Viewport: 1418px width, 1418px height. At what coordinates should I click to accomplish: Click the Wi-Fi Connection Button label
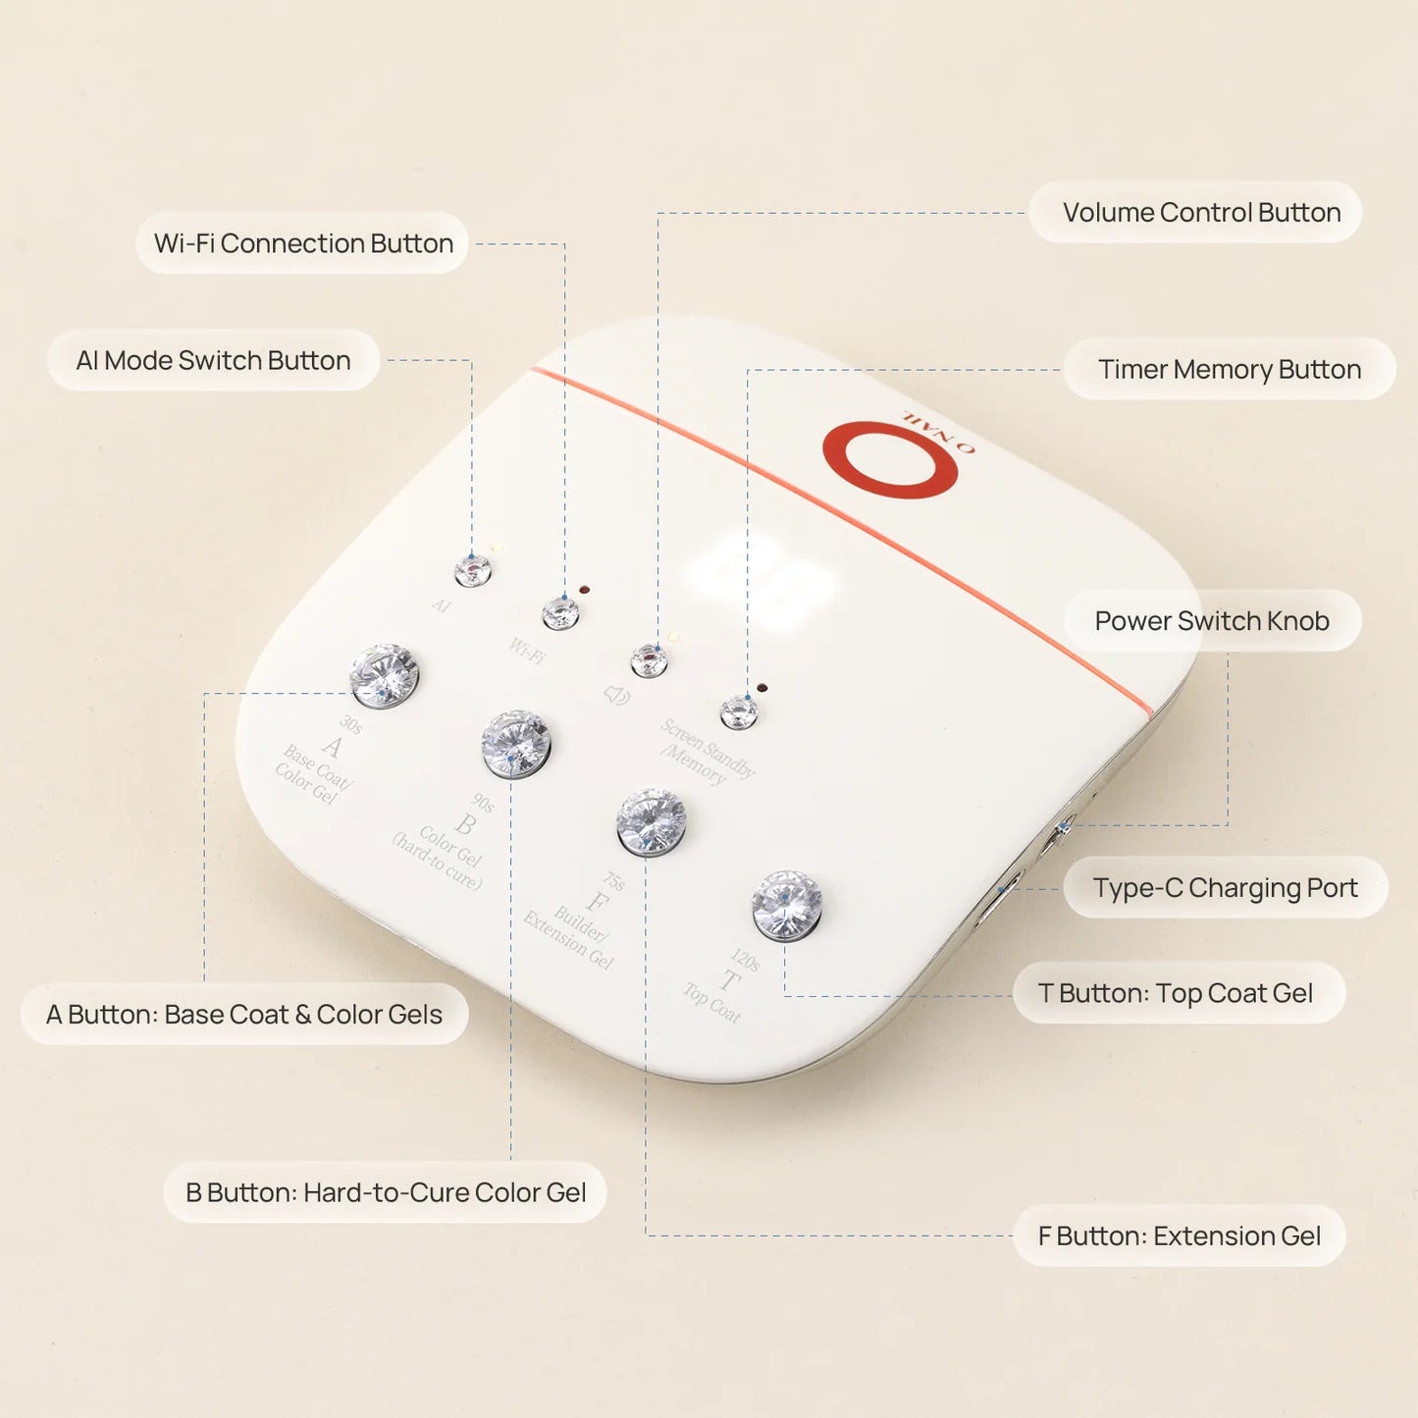point(302,243)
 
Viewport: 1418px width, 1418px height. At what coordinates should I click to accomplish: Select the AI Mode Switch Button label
point(213,360)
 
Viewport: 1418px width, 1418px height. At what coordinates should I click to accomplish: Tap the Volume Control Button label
point(1200,212)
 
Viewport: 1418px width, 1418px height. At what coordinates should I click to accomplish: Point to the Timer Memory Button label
point(1229,369)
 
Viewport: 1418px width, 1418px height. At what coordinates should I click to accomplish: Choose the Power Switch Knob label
point(1211,620)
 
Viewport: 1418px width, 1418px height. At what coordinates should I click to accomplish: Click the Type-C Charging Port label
point(1224,888)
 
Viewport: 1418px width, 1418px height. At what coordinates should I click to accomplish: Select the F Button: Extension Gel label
point(1179,1235)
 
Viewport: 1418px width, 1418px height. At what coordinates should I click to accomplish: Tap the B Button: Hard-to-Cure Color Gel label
point(385,1192)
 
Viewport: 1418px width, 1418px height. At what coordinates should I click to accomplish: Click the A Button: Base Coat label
point(243,1014)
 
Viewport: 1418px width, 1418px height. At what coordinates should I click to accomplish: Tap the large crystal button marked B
point(515,744)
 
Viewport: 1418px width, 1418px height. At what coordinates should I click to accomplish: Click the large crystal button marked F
point(651,822)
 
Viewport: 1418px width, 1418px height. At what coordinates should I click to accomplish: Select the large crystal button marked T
point(786,904)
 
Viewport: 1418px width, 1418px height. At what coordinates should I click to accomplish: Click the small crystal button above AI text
point(472,569)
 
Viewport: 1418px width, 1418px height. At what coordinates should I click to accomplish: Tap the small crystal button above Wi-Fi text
point(560,613)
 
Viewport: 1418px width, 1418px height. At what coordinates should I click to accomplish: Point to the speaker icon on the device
point(616,695)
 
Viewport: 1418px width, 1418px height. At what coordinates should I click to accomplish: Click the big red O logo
point(890,459)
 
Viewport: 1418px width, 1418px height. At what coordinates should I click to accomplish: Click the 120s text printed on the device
point(745,959)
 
